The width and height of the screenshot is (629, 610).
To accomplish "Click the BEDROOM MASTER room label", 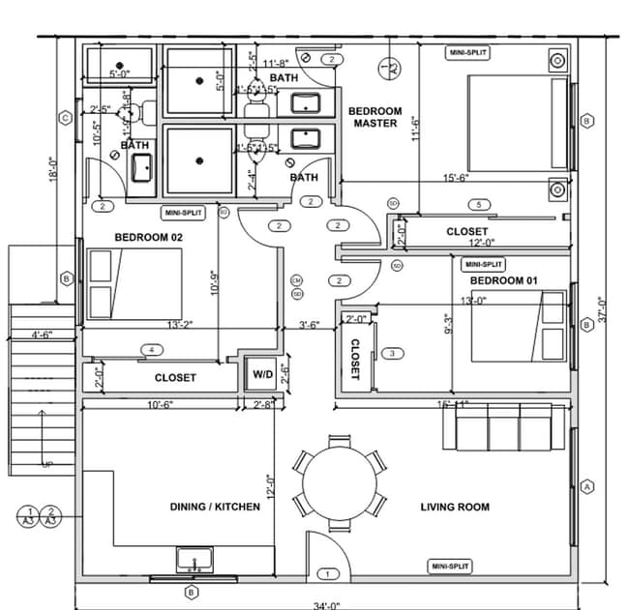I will [x=374, y=117].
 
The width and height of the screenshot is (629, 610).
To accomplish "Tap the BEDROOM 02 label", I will [x=149, y=236].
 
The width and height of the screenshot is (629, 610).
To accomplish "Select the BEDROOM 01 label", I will [x=503, y=280].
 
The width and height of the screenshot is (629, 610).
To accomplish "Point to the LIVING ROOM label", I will [x=455, y=507].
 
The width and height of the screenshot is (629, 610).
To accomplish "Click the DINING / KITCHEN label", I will [x=215, y=507].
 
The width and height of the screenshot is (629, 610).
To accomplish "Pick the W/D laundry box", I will [x=262, y=373].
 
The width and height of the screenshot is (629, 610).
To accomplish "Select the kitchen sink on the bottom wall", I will [x=195, y=560].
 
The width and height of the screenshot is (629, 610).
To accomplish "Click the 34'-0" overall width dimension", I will [x=327, y=605].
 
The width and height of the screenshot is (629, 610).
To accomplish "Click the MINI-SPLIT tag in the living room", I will [x=449, y=566].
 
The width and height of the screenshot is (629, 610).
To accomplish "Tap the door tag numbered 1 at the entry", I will [x=327, y=574].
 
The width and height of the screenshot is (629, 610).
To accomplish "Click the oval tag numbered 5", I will [x=478, y=205].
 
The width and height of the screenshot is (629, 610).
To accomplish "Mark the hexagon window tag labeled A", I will [x=586, y=487].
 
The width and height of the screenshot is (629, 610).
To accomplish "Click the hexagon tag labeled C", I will [x=66, y=118].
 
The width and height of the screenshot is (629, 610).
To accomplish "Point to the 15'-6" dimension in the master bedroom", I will [x=457, y=178].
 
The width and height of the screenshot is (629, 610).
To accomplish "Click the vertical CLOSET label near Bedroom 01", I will [x=354, y=359].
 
